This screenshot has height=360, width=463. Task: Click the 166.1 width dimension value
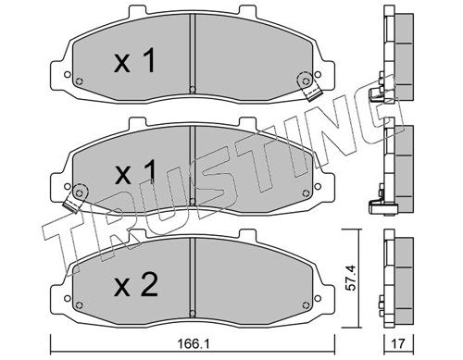pos(194,343)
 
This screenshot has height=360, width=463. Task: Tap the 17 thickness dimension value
pos(398,343)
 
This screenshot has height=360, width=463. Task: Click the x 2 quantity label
pos(136,285)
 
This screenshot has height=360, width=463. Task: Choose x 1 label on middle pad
pos(135,173)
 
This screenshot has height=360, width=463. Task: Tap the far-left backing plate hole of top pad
pos(67,74)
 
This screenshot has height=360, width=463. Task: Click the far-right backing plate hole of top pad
pos(318,74)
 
